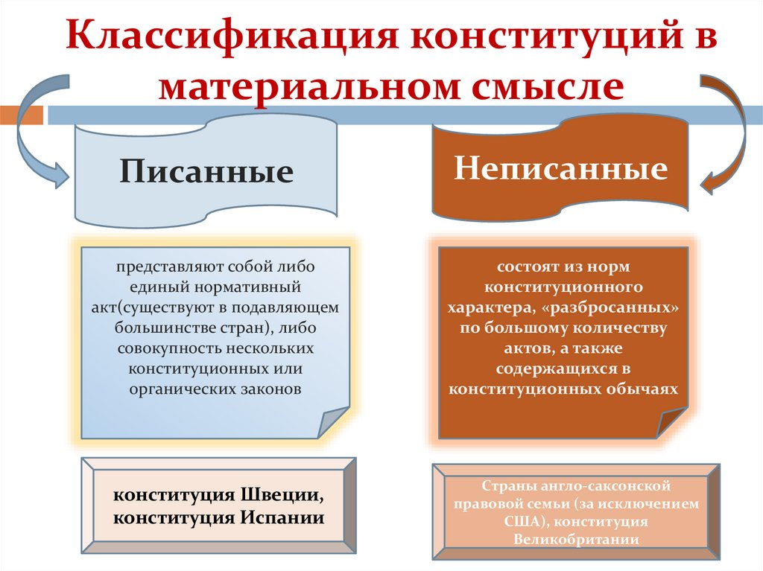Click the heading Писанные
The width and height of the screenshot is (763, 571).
coord(206,172)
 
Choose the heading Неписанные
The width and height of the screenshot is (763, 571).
coord(560,169)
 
